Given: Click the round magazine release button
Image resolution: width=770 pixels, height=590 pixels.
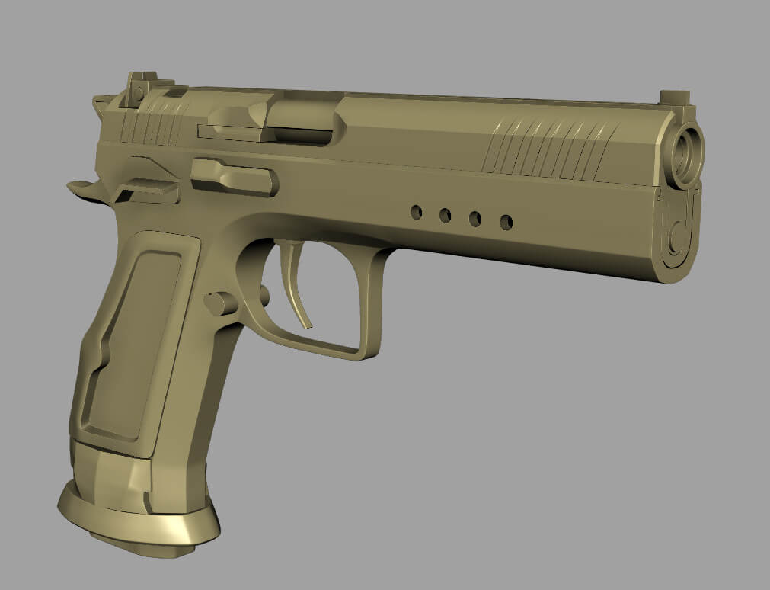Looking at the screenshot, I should tap(219, 303).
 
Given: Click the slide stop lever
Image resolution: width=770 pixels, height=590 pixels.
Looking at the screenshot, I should tap(232, 177).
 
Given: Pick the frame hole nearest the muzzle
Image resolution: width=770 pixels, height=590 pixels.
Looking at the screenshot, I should tap(506, 222).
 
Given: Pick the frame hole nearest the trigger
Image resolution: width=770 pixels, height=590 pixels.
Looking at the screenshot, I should tap(416, 212).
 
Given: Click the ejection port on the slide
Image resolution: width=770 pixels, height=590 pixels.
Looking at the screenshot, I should tap(301, 122).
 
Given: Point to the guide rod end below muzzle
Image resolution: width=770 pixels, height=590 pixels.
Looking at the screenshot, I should tap(676, 229).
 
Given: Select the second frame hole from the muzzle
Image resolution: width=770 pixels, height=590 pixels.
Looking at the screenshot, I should tap(474, 219).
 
